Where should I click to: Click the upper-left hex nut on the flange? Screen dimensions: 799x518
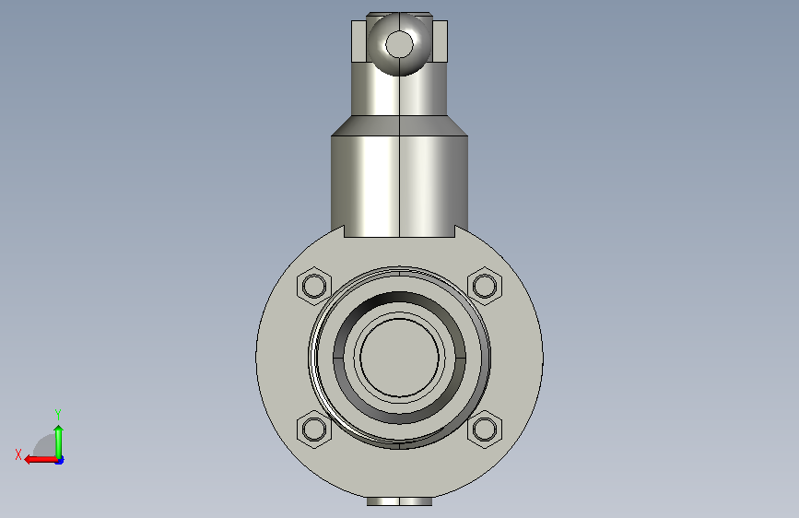314,286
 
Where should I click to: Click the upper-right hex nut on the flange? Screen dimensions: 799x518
485,286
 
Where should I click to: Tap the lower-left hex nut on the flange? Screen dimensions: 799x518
314,429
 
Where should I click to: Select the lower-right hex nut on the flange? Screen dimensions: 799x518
485,429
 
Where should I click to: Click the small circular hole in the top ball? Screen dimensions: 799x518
400,44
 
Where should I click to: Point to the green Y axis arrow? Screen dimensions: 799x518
59,441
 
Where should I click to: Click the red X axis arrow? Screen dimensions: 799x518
41,459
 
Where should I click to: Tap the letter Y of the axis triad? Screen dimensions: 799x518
58,414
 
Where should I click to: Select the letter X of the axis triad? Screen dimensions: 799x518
18,454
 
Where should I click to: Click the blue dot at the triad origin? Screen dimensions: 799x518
60,460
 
